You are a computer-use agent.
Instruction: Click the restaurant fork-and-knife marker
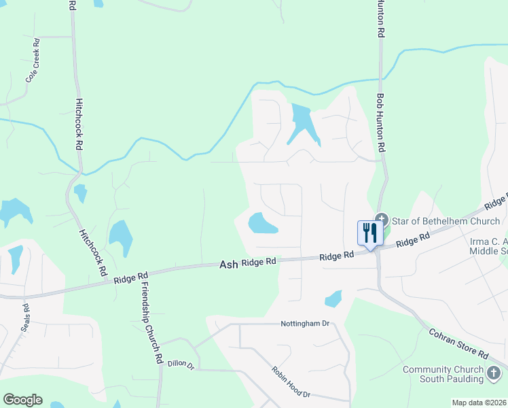tap(370, 233)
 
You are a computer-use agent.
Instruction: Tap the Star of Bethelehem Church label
tap(445, 221)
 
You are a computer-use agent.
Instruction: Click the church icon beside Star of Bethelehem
tap(382, 220)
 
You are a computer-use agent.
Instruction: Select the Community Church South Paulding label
tap(443, 374)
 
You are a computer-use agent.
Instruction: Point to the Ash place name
tap(228, 264)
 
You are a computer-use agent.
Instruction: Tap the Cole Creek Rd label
tap(33, 61)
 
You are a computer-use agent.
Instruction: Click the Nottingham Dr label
tap(305, 324)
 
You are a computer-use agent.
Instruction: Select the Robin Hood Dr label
tap(291, 382)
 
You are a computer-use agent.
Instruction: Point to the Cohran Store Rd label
tap(458, 344)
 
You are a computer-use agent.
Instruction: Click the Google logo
tap(22, 400)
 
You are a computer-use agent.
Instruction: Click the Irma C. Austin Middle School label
tap(488, 245)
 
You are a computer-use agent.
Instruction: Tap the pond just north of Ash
tap(261, 223)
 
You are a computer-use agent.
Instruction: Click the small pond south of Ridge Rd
tap(333, 299)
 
